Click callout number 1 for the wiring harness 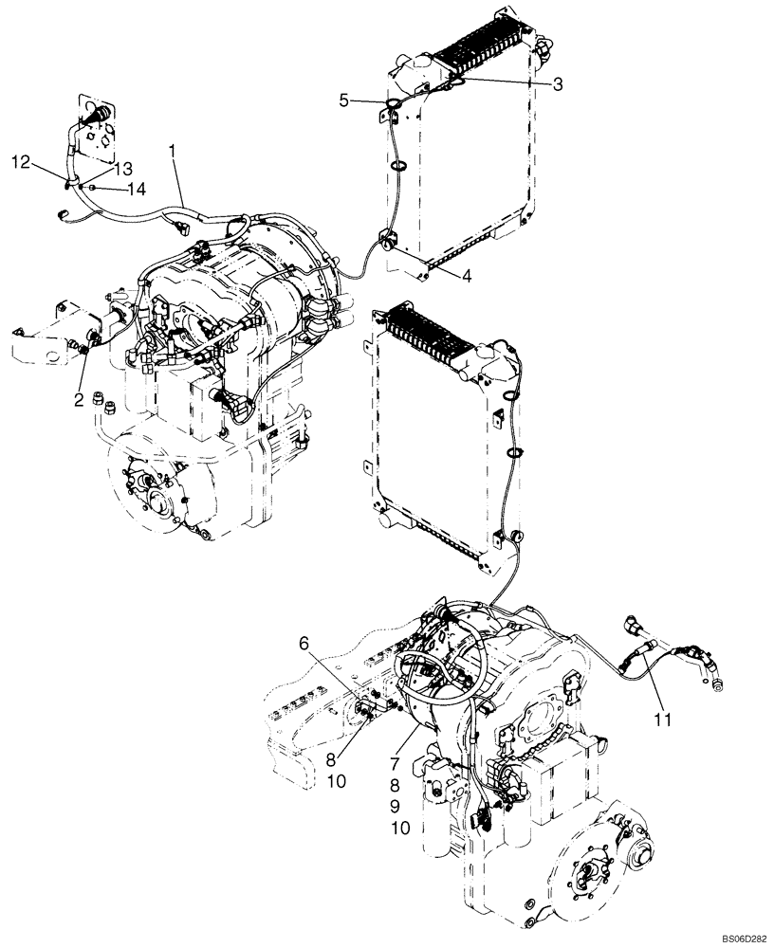click(173, 150)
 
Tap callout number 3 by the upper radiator click(558, 84)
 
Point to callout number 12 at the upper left click(21, 162)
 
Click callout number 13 click(121, 168)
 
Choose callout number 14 click(138, 190)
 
